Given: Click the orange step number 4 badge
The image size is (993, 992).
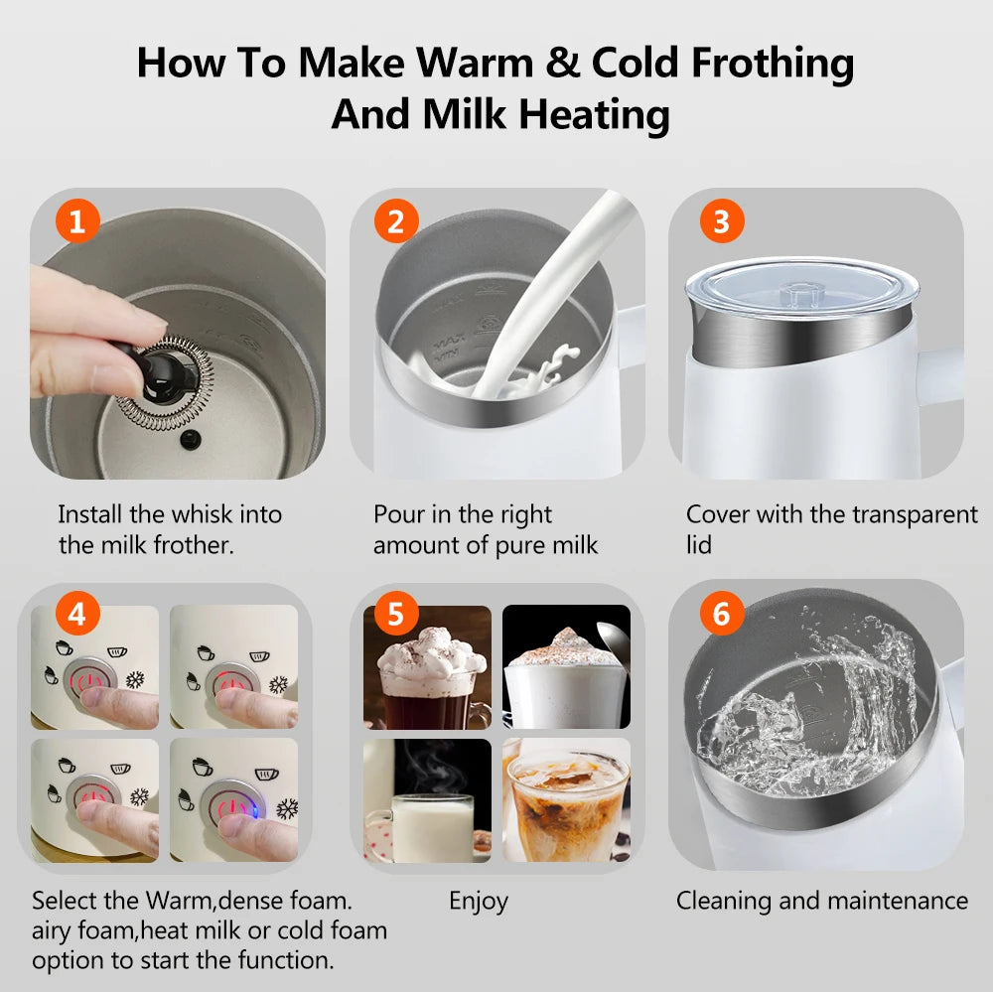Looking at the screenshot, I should click(77, 616).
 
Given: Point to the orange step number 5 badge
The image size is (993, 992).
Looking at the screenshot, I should click(395, 616).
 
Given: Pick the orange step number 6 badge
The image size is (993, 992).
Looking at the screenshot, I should click(721, 616).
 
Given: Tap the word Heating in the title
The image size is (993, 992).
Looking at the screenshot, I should click(594, 114).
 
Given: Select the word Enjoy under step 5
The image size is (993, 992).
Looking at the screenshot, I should click(478, 901).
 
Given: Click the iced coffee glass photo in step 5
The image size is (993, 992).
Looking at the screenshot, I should click(566, 799).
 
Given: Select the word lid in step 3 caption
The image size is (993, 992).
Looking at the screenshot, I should click(699, 545).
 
